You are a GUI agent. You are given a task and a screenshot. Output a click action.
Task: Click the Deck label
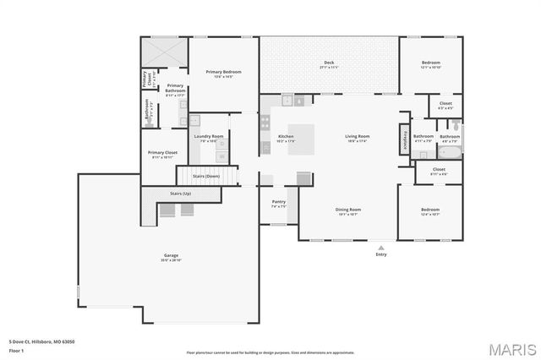[x=329, y=64]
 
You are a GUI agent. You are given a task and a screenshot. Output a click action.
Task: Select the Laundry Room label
[x=208, y=137]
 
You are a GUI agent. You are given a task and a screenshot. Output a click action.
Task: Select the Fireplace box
[x=406, y=139]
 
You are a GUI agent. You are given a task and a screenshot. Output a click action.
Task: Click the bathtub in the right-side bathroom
[x=450, y=153]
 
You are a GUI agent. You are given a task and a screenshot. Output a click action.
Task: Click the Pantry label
[x=278, y=203]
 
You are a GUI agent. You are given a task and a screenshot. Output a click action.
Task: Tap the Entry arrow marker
[x=381, y=248]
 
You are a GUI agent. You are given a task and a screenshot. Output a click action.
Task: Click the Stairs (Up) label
[x=180, y=194]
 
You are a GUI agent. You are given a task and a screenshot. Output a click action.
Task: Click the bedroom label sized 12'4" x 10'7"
[x=430, y=211]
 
